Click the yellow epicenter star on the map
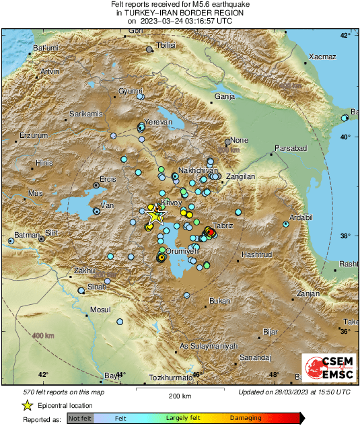[155, 215]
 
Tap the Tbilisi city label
[166, 44]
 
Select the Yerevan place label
[159, 122]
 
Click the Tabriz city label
[222, 225]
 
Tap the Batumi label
[46, 48]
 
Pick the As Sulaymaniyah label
[209, 346]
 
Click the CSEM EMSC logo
[328, 368]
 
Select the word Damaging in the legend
[246, 418]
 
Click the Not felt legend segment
[80, 418]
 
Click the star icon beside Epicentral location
[27, 405]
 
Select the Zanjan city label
[308, 294]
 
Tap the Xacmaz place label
[322, 57]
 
